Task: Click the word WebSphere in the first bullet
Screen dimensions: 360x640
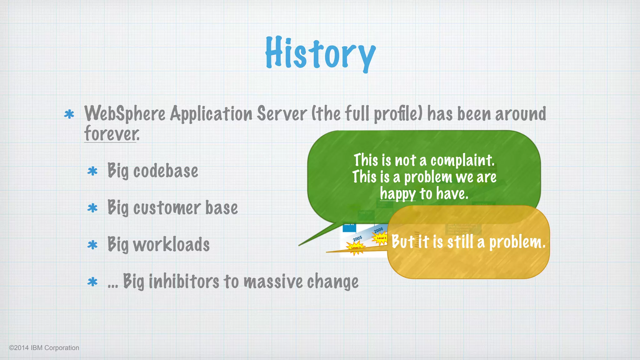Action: point(125,114)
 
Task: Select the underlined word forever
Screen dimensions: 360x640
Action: point(112,134)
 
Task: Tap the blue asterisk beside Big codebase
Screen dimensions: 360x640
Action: point(92,171)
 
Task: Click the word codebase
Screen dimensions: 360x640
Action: point(166,171)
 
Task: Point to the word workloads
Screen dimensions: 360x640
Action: point(171,245)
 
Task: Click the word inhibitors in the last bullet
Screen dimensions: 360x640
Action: point(184,281)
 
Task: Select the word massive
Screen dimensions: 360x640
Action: point(273,281)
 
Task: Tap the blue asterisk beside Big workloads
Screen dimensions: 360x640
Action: point(92,245)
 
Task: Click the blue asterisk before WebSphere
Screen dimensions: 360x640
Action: point(69,114)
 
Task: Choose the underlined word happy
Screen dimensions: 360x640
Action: point(397,194)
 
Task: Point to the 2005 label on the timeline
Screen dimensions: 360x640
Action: point(357,239)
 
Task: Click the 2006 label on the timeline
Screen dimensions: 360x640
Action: point(378,231)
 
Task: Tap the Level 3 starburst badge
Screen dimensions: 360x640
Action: point(381,238)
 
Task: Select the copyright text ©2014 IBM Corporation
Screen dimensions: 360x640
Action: point(44,348)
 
